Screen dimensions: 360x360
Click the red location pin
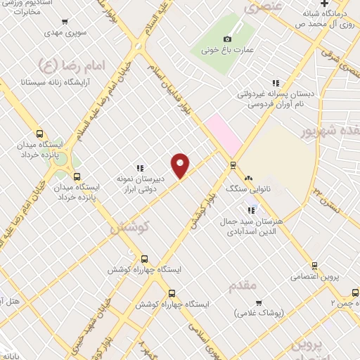tap(181, 165)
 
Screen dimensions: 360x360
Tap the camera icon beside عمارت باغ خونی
tap(226, 39)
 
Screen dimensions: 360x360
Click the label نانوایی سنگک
tap(247, 188)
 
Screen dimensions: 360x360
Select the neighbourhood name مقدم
tap(244, 285)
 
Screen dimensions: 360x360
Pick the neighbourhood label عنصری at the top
tap(259, 8)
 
